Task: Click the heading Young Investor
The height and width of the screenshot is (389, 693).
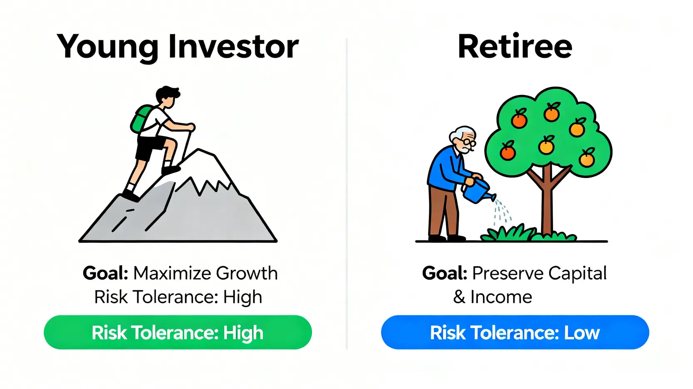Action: [178, 47]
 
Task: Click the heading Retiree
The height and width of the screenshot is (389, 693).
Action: [515, 46]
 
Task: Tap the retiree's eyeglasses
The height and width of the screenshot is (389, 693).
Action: [468, 143]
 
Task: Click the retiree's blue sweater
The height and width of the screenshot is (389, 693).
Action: [445, 168]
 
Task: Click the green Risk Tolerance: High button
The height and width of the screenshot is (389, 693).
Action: [178, 332]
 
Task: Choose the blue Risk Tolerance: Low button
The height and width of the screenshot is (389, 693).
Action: [515, 332]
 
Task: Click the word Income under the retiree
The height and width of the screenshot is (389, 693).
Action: [501, 297]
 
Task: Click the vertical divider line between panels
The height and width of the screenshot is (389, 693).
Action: [346, 194]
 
